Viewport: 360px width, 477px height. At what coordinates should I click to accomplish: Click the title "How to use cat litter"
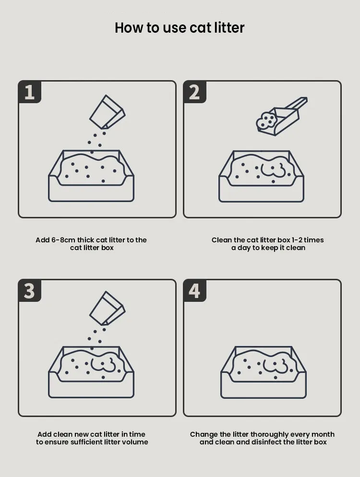point(180,28)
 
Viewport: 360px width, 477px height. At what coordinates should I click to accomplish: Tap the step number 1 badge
point(30,92)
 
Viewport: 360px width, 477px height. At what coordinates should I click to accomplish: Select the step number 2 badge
point(194,92)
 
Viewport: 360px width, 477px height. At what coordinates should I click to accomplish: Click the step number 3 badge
point(30,291)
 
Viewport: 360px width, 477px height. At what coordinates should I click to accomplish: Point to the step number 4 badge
point(194,291)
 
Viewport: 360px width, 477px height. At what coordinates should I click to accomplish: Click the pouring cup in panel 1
point(107,113)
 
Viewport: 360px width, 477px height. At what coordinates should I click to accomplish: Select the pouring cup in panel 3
point(107,309)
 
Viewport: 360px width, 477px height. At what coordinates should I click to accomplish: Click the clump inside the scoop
point(265,121)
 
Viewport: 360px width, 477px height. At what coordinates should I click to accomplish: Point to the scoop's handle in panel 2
point(296,104)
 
